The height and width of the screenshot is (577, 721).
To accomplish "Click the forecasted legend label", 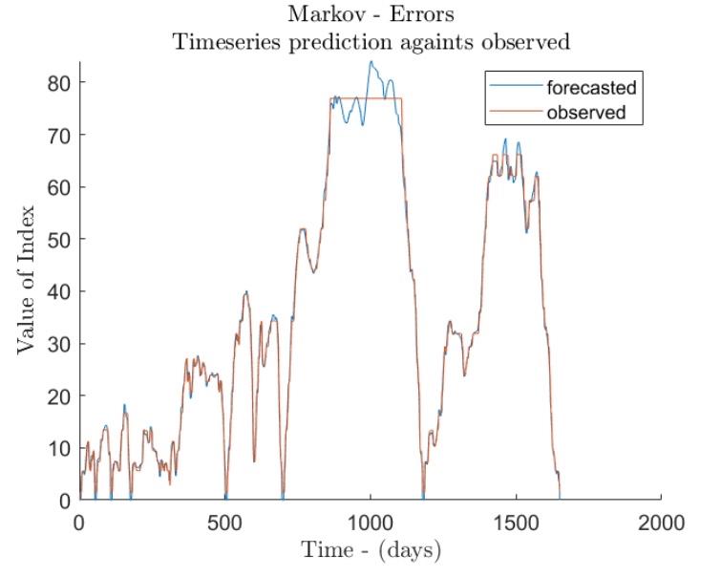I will tap(592, 89).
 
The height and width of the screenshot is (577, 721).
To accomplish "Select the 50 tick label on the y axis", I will tap(61, 240).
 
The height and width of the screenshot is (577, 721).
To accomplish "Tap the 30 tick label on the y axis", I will tap(61, 344).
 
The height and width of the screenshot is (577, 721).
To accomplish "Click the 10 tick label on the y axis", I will tap(61, 448).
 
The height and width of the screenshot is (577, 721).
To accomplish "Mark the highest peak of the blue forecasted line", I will tap(371, 62).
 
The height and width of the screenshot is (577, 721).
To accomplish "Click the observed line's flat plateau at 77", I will tap(382, 98).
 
